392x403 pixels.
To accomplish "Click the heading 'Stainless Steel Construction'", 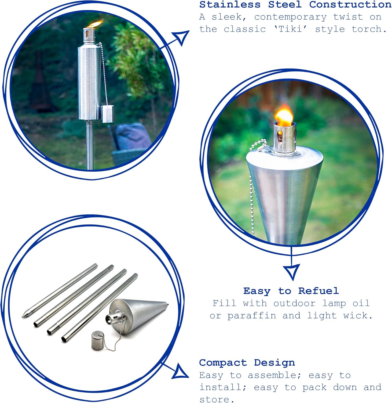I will [295, 5].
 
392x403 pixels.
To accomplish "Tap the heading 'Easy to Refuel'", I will [291, 291].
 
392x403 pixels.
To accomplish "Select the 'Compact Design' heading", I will [247, 363].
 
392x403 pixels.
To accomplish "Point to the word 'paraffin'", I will [252, 315].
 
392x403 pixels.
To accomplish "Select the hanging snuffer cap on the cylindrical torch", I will [108, 114].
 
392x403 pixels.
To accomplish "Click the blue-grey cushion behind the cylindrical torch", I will [133, 137].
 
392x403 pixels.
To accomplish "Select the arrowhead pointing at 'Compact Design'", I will [181, 372].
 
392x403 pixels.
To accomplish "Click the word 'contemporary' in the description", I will [290, 17].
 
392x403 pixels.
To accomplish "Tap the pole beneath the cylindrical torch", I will [90, 145].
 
